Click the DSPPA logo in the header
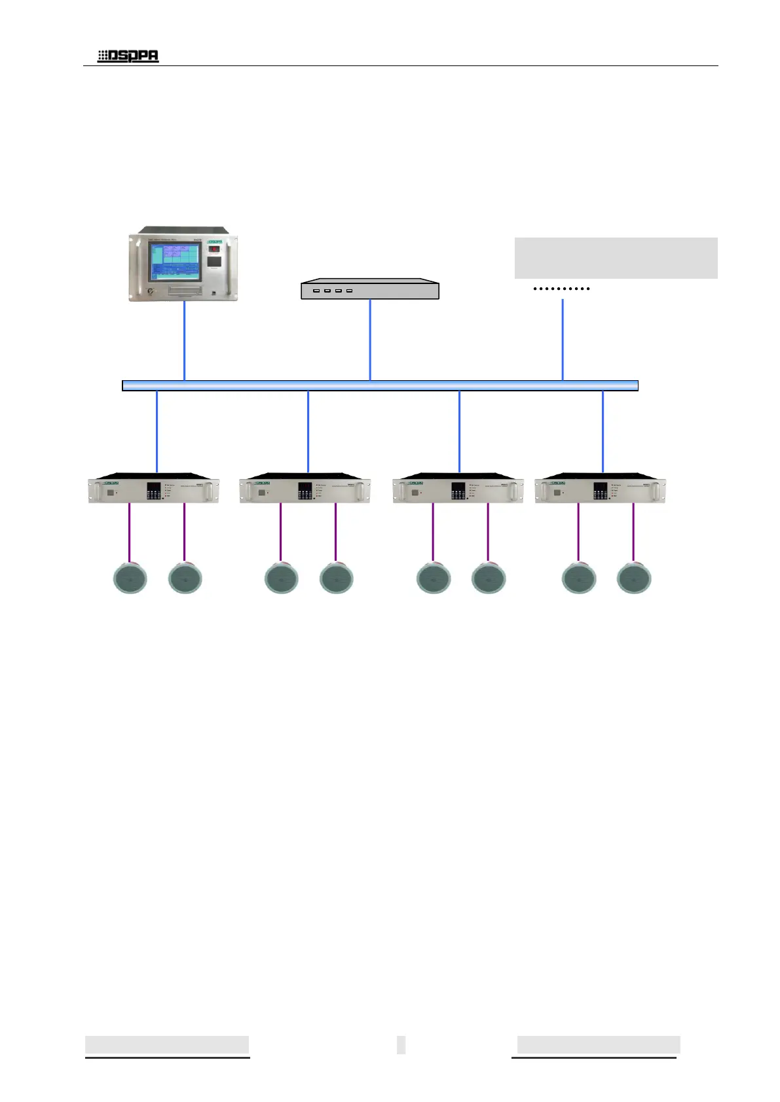[x=128, y=56]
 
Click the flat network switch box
[x=369, y=290]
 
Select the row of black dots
[x=561, y=289]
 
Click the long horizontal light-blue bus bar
[x=380, y=385]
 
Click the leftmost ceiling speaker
[x=130, y=578]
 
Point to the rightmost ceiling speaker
[x=634, y=578]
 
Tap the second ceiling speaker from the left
[x=185, y=578]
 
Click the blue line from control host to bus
[x=185, y=340]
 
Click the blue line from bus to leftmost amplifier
[x=157, y=431]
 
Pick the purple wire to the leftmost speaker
[x=129, y=531]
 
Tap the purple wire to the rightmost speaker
[x=633, y=531]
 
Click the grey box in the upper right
[x=616, y=258]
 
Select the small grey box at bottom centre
[x=401, y=1044]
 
